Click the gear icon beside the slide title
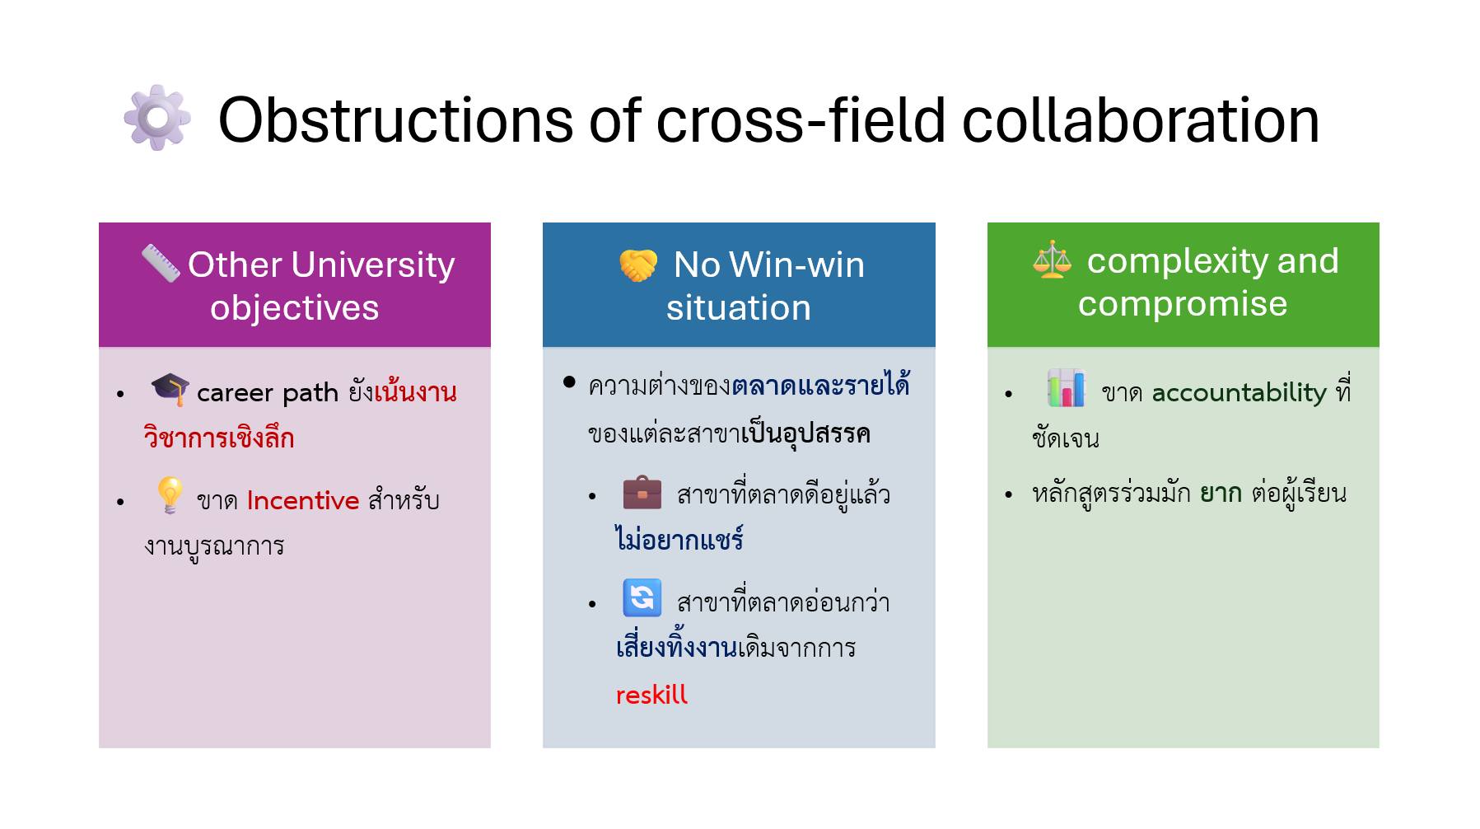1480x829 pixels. coord(157,118)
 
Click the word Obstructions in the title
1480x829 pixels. coord(395,120)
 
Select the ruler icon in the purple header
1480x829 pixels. coord(161,263)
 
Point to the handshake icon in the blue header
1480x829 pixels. coord(638,265)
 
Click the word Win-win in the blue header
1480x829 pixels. coord(796,265)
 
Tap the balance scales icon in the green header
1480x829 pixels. coord(1053,260)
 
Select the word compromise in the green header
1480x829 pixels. coord(1182,303)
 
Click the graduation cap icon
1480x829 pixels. coord(170,389)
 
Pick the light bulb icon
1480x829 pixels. coord(170,494)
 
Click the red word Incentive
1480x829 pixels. coord(302,500)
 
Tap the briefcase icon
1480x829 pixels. coord(642,493)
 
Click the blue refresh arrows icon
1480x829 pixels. coord(642,598)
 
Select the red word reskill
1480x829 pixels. coord(651,695)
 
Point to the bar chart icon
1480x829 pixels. coord(1066,388)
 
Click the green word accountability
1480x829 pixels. coord(1239,392)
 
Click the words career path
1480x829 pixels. coord(268,392)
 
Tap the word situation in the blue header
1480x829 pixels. coord(738,307)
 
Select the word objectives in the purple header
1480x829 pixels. coord(294,307)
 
